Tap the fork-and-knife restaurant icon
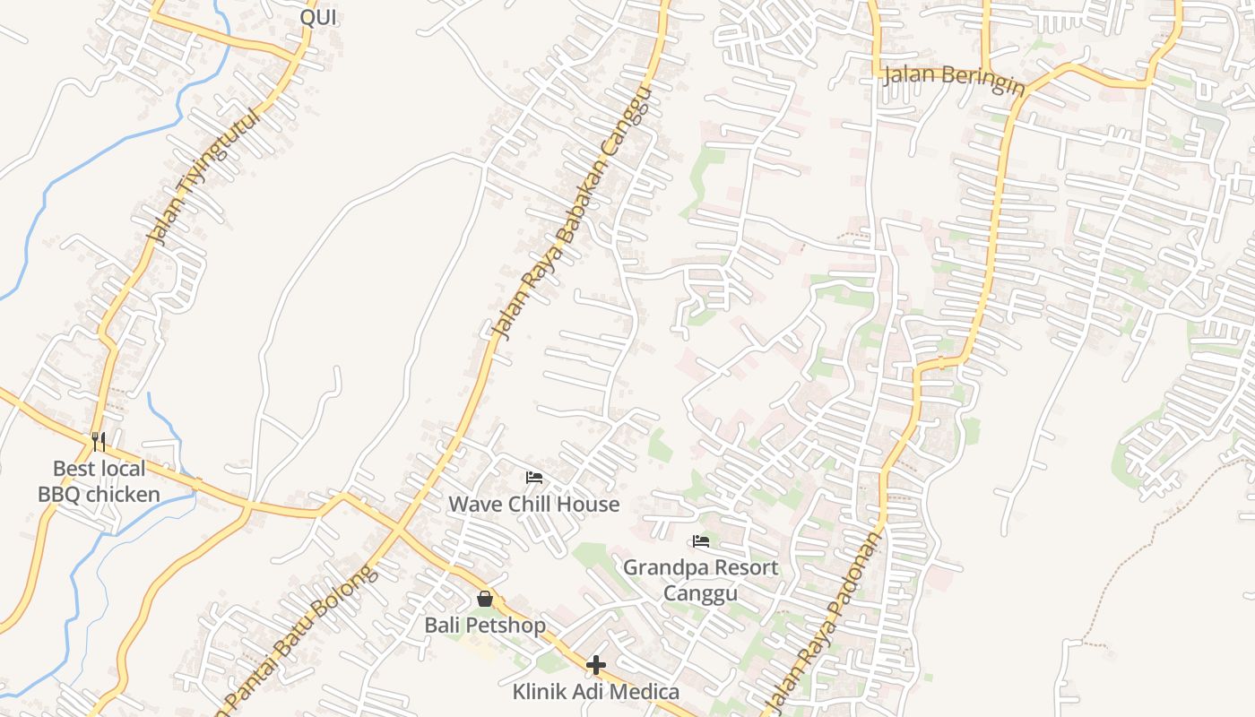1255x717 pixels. click(x=99, y=441)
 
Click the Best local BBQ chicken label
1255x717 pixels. click(x=99, y=481)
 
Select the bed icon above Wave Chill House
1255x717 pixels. click(x=534, y=478)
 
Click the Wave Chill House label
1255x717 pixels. click(x=534, y=504)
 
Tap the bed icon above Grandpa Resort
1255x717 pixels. click(x=701, y=541)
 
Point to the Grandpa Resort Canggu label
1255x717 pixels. click(x=701, y=580)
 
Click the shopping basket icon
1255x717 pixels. click(x=485, y=598)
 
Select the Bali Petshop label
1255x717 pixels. click(x=485, y=625)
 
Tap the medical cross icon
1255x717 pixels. click(x=596, y=665)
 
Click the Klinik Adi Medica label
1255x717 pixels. click(x=596, y=692)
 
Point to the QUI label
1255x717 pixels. click(x=318, y=16)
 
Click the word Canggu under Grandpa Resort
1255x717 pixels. click(x=701, y=593)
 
